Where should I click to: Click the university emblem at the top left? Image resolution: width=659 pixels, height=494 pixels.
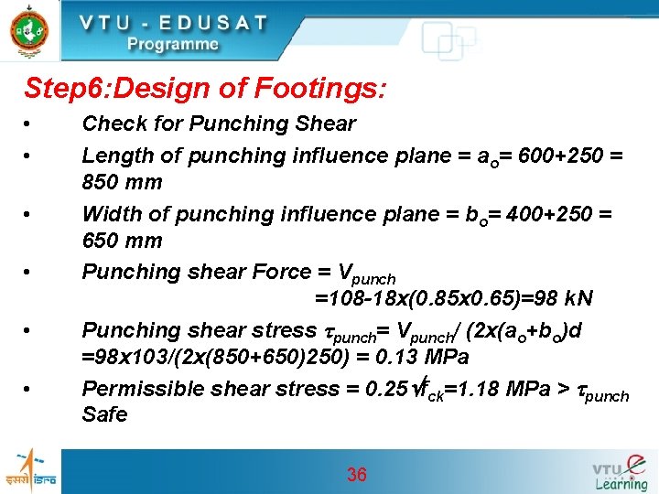pos(27,30)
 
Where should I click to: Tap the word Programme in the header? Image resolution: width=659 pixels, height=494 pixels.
pos(173,44)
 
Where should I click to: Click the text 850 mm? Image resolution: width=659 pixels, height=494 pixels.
pos(122,182)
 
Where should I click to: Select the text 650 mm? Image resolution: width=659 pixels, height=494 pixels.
pos(122,241)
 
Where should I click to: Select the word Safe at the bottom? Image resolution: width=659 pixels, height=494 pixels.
pos(105,414)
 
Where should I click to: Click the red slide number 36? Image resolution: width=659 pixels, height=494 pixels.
pos(356,474)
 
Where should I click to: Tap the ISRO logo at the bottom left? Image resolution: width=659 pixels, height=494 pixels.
pos(30,471)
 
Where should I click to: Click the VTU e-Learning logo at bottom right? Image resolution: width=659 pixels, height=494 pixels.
pos(620,471)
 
